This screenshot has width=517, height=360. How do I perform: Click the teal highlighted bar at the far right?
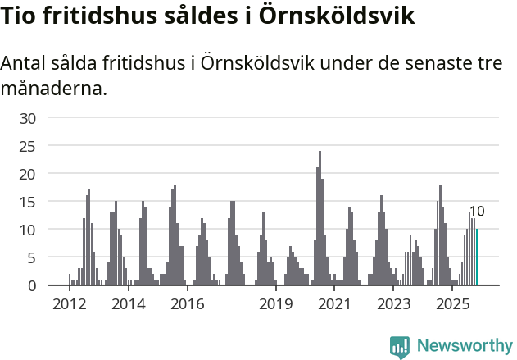point(478,257)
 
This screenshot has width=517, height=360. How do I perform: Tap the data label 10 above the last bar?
point(477,212)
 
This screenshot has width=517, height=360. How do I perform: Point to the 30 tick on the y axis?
point(28,118)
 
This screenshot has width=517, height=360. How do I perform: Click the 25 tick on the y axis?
point(28,146)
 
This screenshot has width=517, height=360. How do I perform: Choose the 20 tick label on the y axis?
point(28,174)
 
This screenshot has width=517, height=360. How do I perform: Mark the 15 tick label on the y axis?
point(28,202)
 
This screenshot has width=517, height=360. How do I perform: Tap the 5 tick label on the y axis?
point(32,257)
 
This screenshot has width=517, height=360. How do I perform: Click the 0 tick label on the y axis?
point(32,285)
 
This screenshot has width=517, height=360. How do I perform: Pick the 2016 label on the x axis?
point(187,304)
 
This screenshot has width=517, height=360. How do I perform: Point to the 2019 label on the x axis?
point(275,304)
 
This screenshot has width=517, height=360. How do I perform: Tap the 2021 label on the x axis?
point(334,304)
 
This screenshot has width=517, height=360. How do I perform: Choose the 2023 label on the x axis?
point(393,304)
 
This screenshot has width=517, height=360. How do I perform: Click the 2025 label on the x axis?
point(452,304)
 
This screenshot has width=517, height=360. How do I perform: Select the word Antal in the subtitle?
point(24,64)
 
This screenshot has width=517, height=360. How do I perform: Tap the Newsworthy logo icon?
point(400,346)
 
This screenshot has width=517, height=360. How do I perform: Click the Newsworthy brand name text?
point(464,346)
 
